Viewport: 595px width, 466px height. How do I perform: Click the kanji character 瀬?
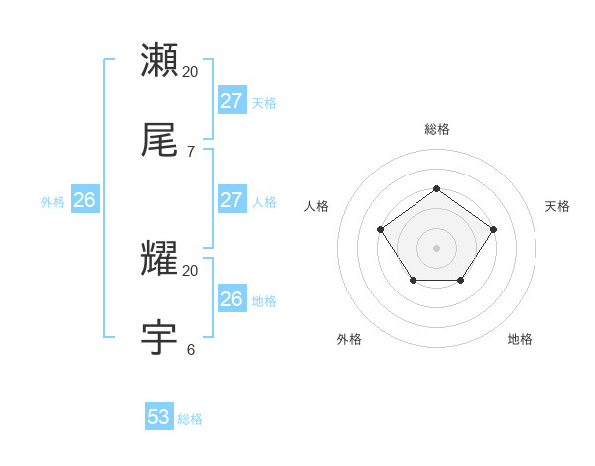click(x=160, y=59)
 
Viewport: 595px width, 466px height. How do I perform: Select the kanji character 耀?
click(x=160, y=259)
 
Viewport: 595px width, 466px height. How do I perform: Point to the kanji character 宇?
click(x=160, y=338)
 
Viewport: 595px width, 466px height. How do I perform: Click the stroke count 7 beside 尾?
click(x=190, y=152)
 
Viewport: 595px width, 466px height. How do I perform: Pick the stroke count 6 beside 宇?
click(x=190, y=350)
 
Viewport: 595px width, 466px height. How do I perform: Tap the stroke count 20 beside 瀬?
click(x=190, y=72)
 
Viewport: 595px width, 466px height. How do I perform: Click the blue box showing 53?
click(x=159, y=417)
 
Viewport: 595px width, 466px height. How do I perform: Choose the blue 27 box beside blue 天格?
click(x=232, y=100)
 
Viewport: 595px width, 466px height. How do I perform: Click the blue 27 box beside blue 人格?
click(x=232, y=199)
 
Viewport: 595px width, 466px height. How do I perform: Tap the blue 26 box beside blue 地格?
click(x=232, y=298)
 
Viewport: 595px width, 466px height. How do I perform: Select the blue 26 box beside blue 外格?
click(x=84, y=199)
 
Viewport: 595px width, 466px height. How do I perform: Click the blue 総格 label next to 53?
click(x=190, y=419)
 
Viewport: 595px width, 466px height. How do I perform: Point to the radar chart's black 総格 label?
click(x=436, y=129)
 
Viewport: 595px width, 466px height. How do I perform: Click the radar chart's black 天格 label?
click(x=557, y=206)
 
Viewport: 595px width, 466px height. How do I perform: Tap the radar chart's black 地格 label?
click(x=520, y=339)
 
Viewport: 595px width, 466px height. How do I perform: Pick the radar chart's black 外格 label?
click(x=349, y=339)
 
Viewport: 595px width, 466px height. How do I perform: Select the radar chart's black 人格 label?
click(x=316, y=206)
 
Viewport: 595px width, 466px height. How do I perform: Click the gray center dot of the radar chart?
click(x=436, y=247)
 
